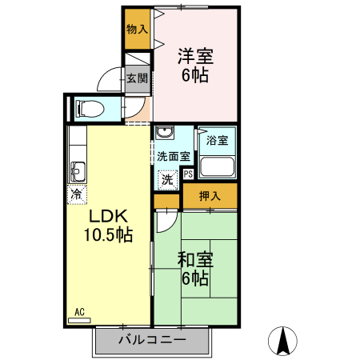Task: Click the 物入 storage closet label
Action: coord(138,29)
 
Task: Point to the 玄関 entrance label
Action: coord(137,78)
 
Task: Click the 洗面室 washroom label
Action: coord(173,157)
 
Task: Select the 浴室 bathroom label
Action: coord(217,141)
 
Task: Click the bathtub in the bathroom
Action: coord(217,167)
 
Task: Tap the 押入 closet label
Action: coord(210,194)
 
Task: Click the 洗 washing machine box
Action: coord(168,180)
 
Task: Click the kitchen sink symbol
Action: coord(78,170)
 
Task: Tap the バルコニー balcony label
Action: coord(152,340)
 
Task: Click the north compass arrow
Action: coord(282,342)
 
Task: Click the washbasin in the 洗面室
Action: coord(165,134)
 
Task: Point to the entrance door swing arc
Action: coord(107,82)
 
